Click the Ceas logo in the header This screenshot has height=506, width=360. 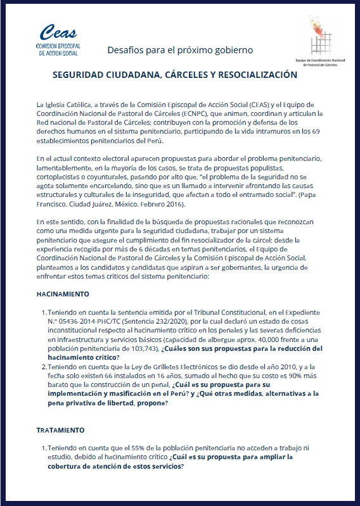point(58,40)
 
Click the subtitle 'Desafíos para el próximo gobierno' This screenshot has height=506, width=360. point(180,49)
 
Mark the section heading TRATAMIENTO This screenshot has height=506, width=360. point(61,430)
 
